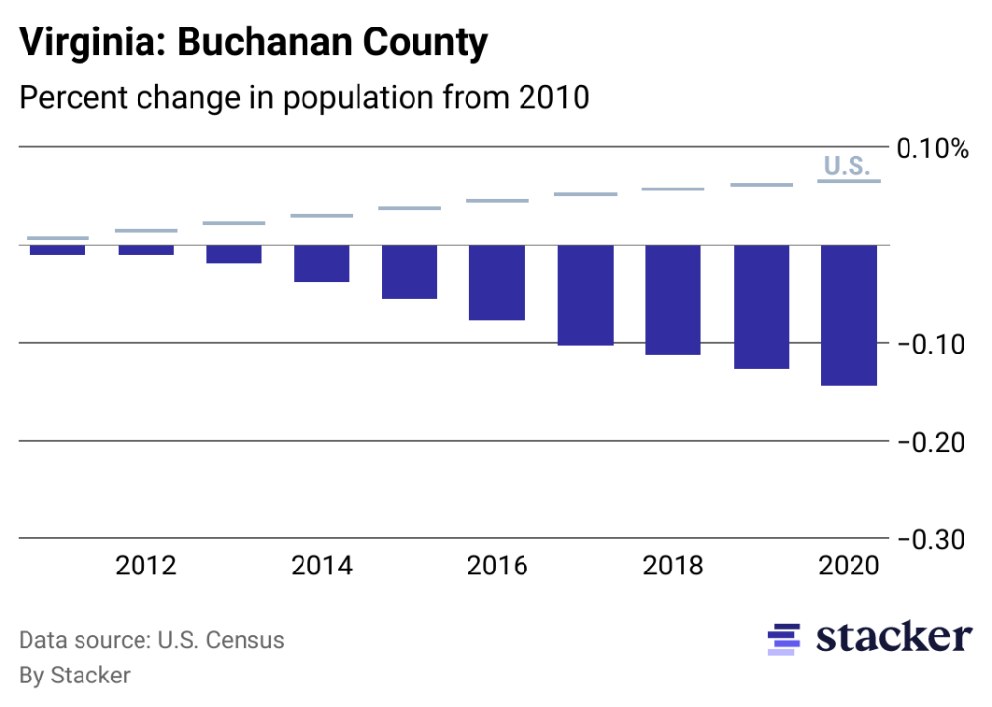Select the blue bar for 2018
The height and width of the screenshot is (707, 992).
point(673,299)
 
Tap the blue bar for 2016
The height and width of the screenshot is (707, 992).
point(497,283)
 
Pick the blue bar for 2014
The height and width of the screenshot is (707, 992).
point(321,263)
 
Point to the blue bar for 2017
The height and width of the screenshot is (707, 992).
point(585,295)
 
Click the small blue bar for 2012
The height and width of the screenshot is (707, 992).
point(145,250)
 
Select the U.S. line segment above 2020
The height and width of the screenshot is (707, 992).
point(849,181)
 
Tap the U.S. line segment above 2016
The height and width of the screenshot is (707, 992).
point(497,201)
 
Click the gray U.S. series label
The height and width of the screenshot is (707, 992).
point(846,165)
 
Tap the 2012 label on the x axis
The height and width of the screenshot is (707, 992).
point(145,567)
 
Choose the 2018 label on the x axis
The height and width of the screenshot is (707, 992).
point(673,567)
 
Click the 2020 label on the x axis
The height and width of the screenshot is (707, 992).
point(849,567)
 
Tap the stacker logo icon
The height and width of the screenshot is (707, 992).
point(784,638)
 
